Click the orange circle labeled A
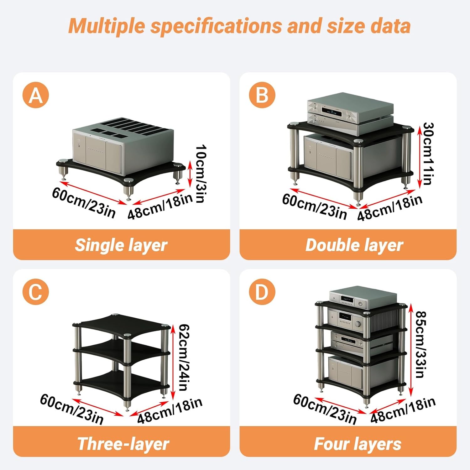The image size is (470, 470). point(36,95)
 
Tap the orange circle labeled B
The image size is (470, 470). point(262,95)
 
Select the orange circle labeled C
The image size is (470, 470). point(36,292)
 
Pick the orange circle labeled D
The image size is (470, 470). point(262,292)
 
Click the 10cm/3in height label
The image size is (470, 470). point(201,174)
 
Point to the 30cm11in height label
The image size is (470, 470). point(428,154)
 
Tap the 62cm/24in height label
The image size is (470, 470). point(184,357)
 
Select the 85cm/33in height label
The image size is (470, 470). point(420,344)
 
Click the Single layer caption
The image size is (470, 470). point(121,245)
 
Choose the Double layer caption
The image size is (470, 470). point(354,245)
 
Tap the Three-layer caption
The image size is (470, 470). point(123,444)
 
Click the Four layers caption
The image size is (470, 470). point(358,444)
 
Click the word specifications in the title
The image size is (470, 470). point(216,26)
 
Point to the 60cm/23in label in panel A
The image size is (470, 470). point(84,202)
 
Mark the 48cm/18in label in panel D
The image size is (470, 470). point(403,410)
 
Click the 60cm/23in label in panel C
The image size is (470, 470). point(72,409)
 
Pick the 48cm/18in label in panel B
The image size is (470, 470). point(390,207)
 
